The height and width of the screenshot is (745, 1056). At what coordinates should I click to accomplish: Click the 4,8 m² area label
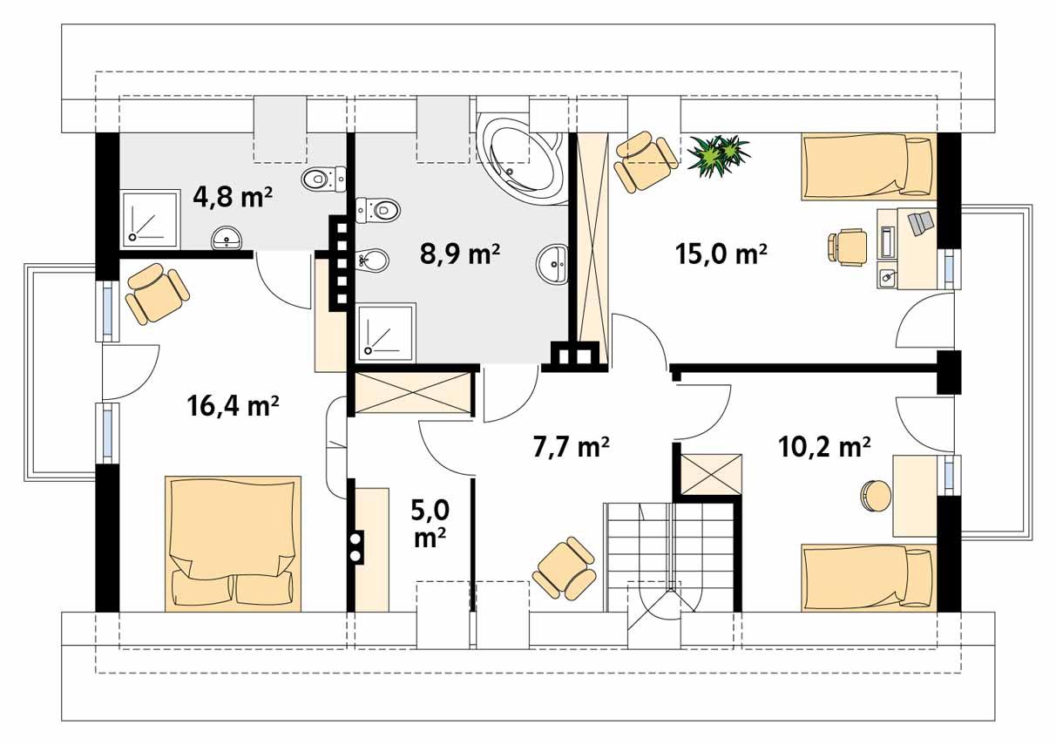pos(233,197)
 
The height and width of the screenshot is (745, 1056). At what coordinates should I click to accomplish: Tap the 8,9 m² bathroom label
pos(459,254)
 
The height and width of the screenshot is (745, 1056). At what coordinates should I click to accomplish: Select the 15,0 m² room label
pos(721,254)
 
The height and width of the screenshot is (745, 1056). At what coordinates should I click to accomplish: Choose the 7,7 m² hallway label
pos(570,448)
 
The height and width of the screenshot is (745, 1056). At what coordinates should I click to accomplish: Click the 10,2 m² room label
pos(824,448)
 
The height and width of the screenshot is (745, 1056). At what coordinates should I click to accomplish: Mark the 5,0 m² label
pos(430,523)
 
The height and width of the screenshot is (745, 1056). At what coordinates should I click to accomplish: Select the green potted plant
pos(718,155)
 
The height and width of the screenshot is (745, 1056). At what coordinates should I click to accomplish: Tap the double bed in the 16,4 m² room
pos(233,542)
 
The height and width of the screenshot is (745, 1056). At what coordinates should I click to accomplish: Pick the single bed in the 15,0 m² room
pos(867,166)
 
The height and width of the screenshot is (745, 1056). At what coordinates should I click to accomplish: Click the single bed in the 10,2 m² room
pos(868,576)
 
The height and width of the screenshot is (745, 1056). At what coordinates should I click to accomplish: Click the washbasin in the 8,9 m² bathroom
pos(552,262)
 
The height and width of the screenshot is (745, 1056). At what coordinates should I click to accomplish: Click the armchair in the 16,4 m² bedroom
pos(157,294)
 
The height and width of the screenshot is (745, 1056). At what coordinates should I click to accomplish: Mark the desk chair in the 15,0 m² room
pos(846,245)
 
